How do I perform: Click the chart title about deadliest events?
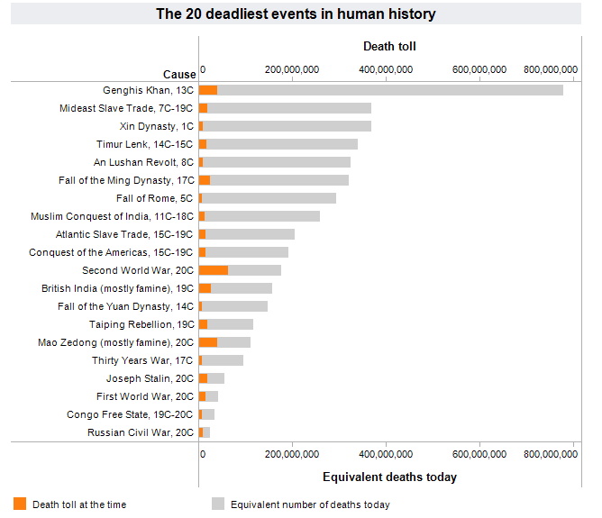pos(296,14)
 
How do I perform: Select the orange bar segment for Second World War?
pos(214,270)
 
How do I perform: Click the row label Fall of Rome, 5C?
pos(155,198)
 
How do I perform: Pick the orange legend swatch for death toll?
pos(21,504)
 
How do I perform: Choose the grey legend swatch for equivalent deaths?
pos(218,504)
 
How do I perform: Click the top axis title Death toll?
pos(389,46)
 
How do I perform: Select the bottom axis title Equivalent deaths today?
pos(389,477)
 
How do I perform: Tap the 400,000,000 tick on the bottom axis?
pos(386,456)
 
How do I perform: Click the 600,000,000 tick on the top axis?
pos(479,70)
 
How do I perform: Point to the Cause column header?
pos(178,74)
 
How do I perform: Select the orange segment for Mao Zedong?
pos(208,342)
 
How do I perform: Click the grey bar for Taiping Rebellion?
pos(230,324)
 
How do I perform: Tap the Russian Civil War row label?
pos(141,432)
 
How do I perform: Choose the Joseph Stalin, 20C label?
pos(150,378)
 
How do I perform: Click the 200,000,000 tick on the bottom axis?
pos(292,456)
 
